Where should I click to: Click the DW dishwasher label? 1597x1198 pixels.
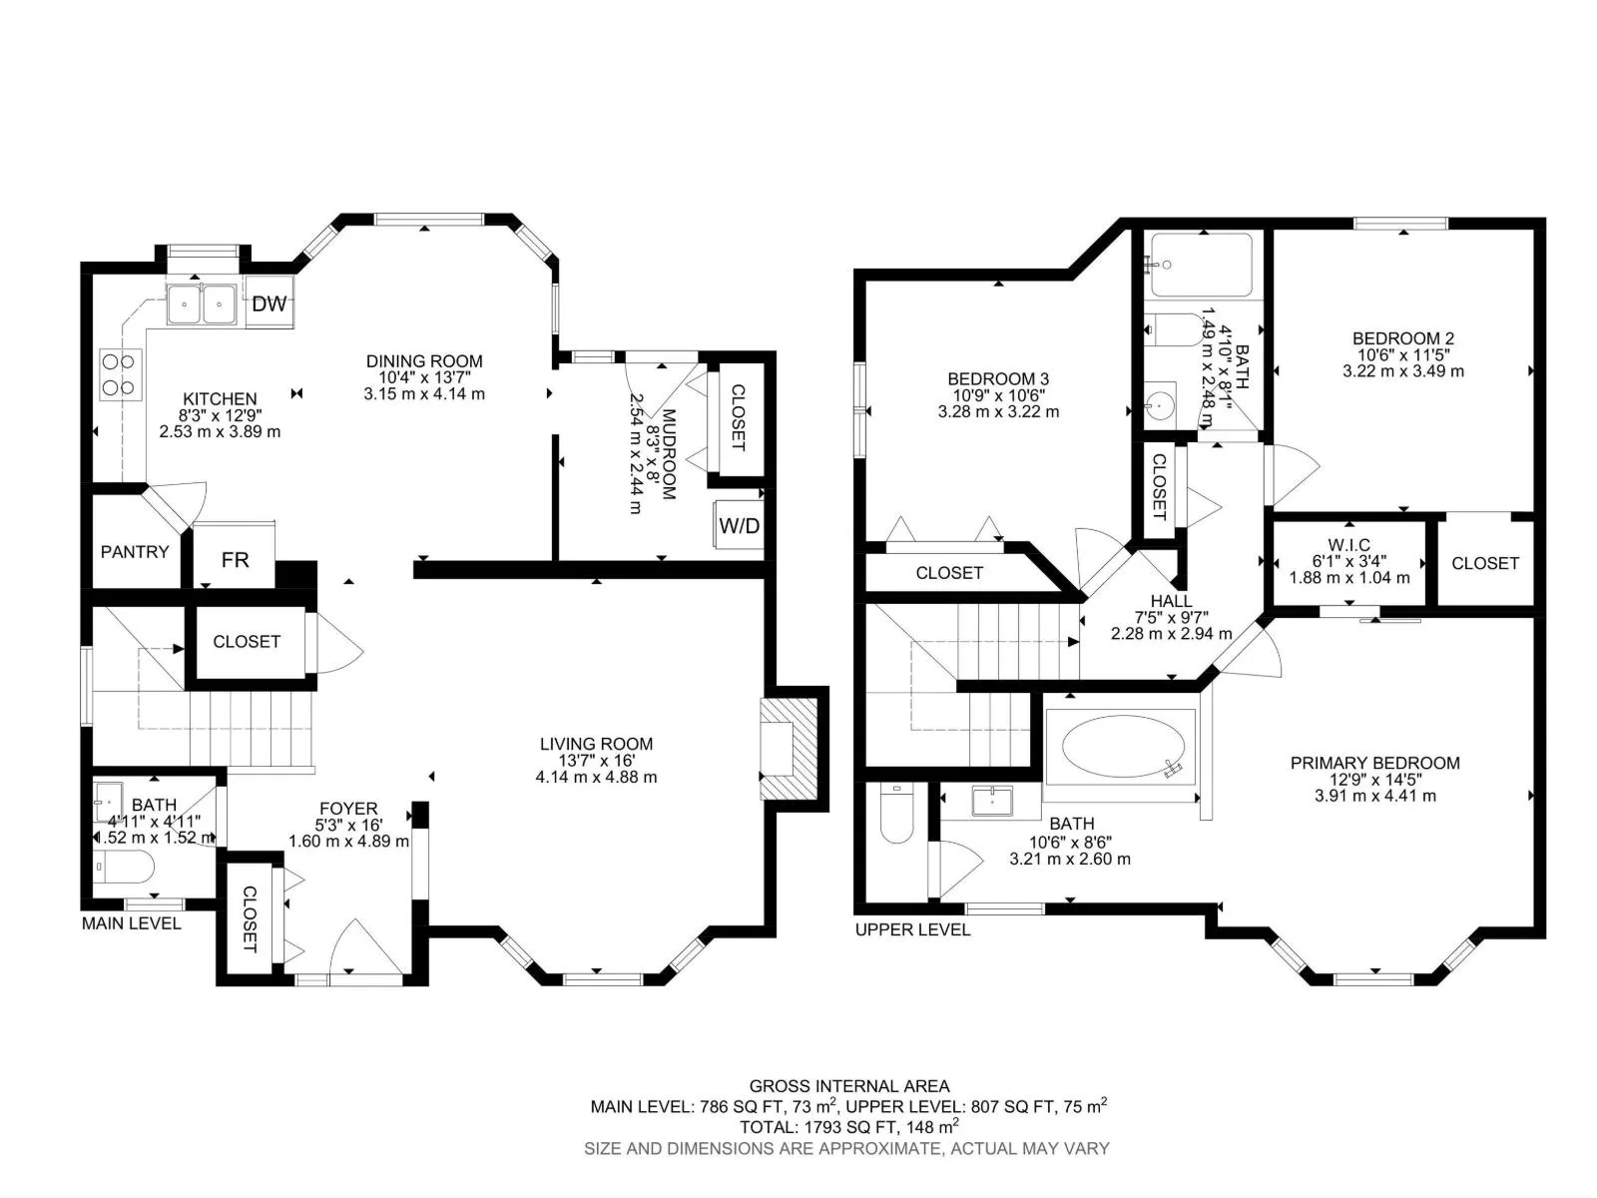point(269,304)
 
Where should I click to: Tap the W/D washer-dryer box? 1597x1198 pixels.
point(739,524)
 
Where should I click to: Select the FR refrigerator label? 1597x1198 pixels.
point(235,559)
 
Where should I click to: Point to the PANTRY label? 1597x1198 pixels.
point(135,552)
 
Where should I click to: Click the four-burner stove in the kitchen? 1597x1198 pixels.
point(121,374)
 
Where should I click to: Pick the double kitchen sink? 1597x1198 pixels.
point(202,303)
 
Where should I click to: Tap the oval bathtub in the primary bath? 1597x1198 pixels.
point(1123,747)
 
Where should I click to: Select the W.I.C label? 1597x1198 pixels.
point(1348,545)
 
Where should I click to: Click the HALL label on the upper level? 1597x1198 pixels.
point(1172,601)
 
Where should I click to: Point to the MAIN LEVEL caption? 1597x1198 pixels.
point(131,923)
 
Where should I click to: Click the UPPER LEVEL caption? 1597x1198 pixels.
point(912,929)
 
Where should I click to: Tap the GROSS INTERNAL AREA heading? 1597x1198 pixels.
point(849,1086)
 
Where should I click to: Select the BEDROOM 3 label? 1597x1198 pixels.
point(998,379)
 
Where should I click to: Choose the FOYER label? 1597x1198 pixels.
point(348,808)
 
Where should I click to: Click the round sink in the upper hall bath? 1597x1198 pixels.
point(1159,403)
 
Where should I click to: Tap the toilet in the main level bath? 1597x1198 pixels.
point(124,867)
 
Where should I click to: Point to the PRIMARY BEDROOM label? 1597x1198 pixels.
point(1375,763)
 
